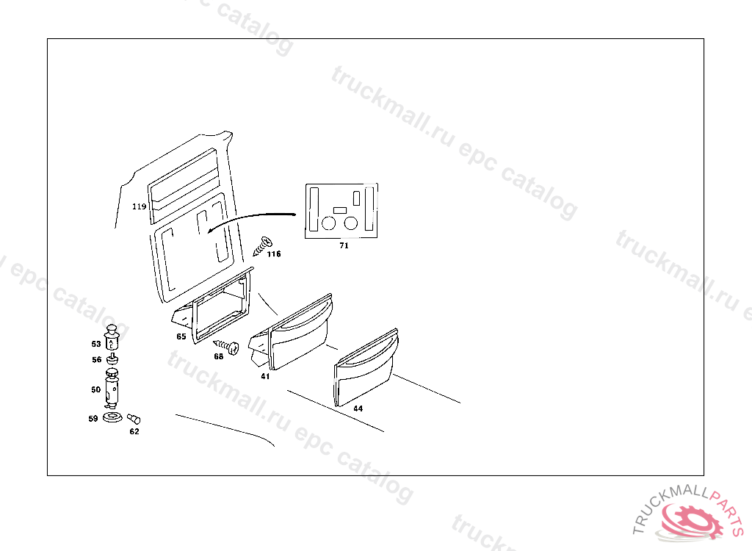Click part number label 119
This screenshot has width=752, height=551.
[140, 207]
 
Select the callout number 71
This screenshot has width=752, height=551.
[344, 246]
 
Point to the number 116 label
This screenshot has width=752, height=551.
[274, 255]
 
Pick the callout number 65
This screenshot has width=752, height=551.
[181, 336]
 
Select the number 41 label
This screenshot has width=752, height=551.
[265, 376]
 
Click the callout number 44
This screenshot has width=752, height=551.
[358, 408]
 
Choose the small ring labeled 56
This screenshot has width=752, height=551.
[112, 359]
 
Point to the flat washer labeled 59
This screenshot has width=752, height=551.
[112, 418]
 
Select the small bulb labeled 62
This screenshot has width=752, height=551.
[134, 419]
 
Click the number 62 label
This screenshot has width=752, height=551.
[134, 431]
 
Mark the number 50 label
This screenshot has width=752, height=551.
[95, 390]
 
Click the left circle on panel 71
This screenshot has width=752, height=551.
[330, 222]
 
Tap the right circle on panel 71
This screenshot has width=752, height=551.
[351, 222]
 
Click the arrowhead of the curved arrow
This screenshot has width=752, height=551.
[209, 230]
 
